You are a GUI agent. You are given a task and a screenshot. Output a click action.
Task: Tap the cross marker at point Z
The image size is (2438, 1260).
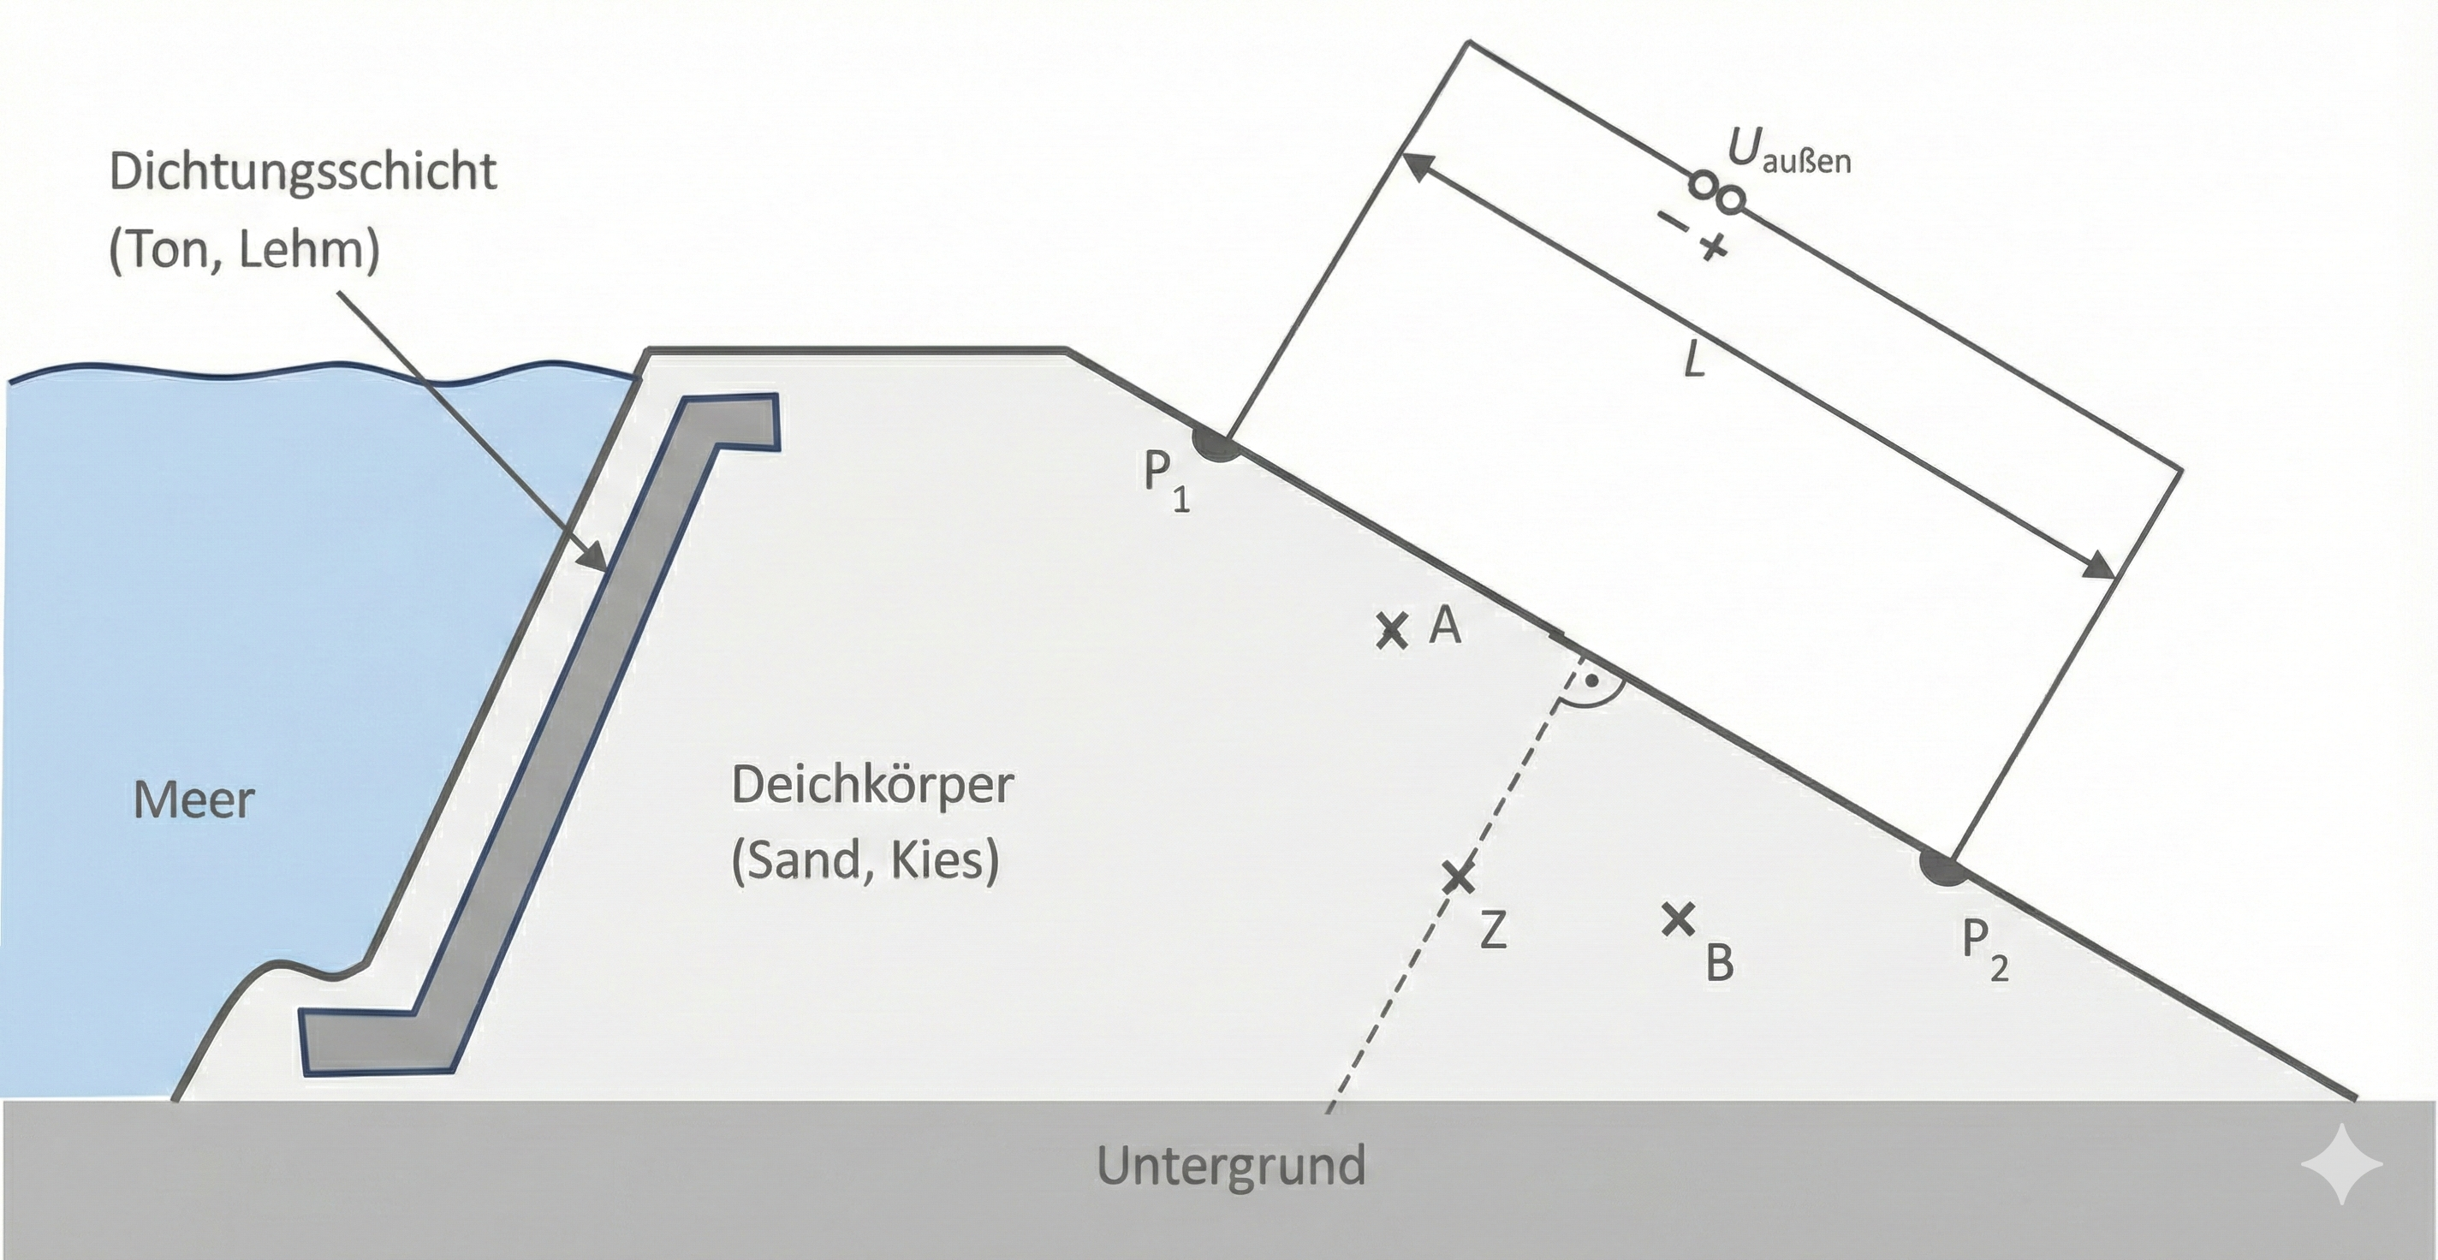point(1459,877)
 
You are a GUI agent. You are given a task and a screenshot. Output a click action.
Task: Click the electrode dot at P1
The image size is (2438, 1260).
point(1216,445)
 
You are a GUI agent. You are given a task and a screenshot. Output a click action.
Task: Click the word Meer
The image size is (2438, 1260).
point(194,800)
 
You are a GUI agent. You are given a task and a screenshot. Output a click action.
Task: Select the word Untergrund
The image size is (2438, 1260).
point(1230,1164)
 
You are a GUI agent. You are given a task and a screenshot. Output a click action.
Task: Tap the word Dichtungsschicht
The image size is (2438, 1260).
point(303,171)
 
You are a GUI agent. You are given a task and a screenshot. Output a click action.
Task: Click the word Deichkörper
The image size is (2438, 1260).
point(872,785)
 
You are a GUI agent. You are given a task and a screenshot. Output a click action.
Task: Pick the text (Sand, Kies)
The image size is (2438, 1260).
point(865,860)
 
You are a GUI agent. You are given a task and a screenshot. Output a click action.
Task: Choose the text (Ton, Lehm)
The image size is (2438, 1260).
point(244,250)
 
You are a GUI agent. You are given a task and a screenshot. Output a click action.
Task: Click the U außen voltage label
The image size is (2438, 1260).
point(1789,151)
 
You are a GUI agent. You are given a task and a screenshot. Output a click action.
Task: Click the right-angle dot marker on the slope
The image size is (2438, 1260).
point(1592,681)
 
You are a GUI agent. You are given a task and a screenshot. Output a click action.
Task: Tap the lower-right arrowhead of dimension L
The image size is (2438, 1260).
point(2097,565)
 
